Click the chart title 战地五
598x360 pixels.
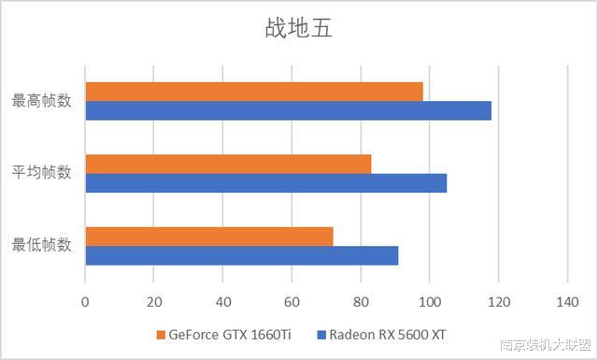tap(298, 28)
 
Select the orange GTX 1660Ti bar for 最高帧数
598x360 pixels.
tap(254, 92)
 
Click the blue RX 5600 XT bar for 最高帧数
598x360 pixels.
tap(288, 110)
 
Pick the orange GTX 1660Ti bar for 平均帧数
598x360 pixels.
tap(228, 164)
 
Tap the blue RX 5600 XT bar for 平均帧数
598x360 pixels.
tap(266, 182)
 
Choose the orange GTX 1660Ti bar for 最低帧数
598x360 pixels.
tap(209, 236)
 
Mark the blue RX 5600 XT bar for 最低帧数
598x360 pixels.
tap(242, 255)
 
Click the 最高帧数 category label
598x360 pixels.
tap(41, 101)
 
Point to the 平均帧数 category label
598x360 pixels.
tap(41, 173)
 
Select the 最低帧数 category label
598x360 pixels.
tap(41, 246)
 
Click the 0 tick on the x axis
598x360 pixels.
tap(85, 302)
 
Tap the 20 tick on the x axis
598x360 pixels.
tap(154, 302)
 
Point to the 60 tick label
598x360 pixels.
tap(292, 302)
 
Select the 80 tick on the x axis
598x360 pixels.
tap(361, 302)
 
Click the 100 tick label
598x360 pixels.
tap(429, 302)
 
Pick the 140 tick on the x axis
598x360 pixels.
tap(567, 302)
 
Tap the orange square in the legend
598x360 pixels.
tap(161, 335)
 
